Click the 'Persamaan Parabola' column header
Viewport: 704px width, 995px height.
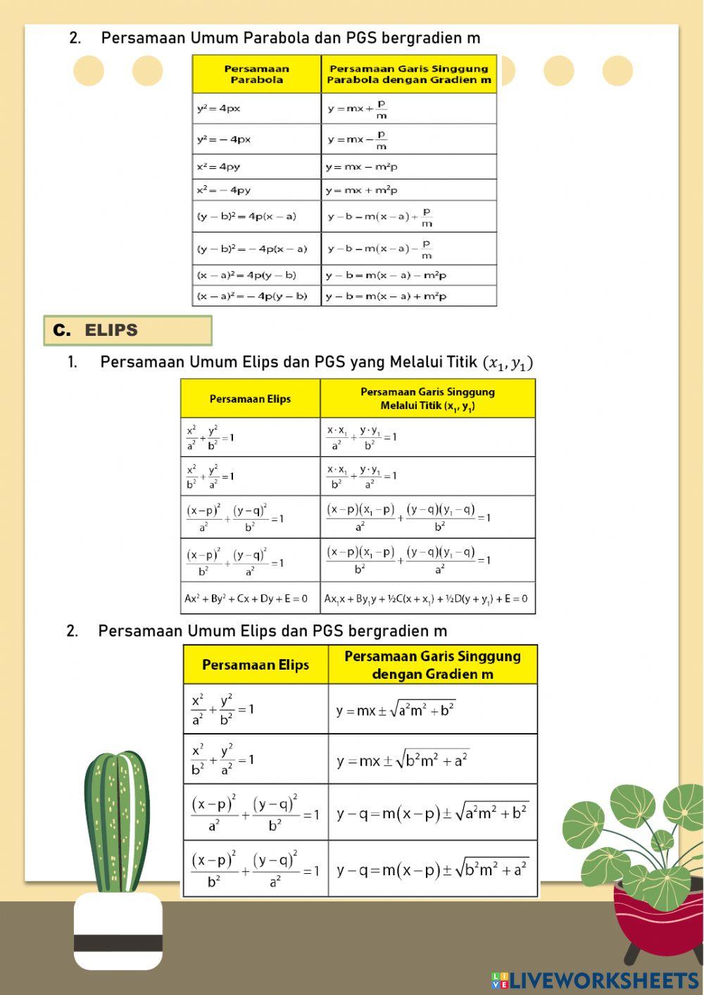(256, 75)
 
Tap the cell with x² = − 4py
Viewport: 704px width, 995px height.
(224, 190)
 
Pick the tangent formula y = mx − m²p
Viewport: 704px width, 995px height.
(361, 167)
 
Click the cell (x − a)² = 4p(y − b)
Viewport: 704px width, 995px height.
(246, 275)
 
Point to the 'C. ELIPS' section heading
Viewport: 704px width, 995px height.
(127, 330)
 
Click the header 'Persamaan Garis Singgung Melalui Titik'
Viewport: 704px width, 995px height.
(427, 399)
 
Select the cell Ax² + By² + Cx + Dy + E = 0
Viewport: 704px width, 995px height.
(246, 599)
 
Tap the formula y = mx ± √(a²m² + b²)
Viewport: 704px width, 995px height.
(396, 709)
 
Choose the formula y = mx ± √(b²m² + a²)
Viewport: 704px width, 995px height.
(402, 760)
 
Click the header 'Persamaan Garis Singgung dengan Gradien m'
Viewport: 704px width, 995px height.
(432, 665)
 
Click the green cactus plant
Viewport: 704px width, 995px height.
(117, 820)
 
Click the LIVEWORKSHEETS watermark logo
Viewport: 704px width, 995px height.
(595, 980)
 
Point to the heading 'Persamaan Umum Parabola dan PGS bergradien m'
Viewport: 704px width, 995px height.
(290, 38)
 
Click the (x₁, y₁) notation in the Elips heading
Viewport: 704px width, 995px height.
(508, 363)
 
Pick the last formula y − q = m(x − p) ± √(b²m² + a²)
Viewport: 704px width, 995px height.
(432, 870)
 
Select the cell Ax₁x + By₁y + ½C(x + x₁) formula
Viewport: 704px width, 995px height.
(426, 599)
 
